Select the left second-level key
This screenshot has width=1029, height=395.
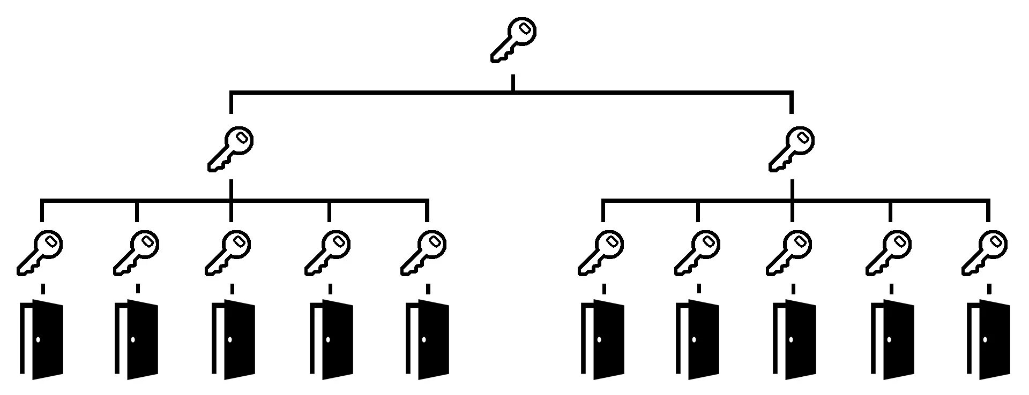pos(230,149)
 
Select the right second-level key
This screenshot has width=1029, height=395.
pos(792,149)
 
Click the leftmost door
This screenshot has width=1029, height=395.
pos(43,339)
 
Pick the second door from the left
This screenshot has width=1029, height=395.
pos(138,339)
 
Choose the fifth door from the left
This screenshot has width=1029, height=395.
pos(428,339)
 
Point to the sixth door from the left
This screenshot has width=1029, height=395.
pos(604,339)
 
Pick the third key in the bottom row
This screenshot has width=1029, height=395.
pos(228,253)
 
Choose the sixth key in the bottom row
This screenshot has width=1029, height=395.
pos(601,253)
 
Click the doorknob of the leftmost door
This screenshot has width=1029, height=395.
pos(38,339)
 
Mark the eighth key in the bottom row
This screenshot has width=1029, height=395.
pos(789,253)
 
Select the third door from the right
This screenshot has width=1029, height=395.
pos(795,339)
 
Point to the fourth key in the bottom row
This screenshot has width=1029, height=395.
pos(327,253)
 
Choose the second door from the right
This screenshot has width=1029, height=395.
pos(893,339)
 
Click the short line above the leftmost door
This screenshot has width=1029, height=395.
pos(43,289)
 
